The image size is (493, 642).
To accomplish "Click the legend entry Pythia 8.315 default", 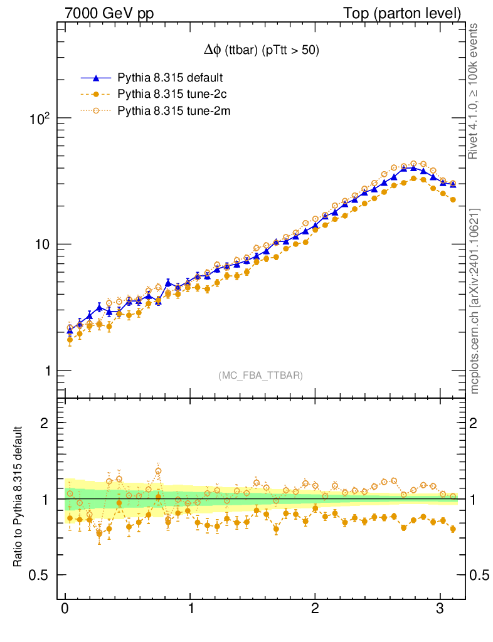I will coord(170,78).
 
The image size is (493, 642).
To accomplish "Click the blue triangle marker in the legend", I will coord(96,78).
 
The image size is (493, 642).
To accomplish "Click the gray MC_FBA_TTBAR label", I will coord(260,376).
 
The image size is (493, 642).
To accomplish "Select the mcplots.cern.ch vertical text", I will coord(475,301).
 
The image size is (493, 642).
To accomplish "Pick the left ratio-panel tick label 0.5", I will coord(41,575).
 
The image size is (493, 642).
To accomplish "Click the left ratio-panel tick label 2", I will coord(45,423).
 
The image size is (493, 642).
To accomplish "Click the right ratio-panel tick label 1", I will coord(477,499).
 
